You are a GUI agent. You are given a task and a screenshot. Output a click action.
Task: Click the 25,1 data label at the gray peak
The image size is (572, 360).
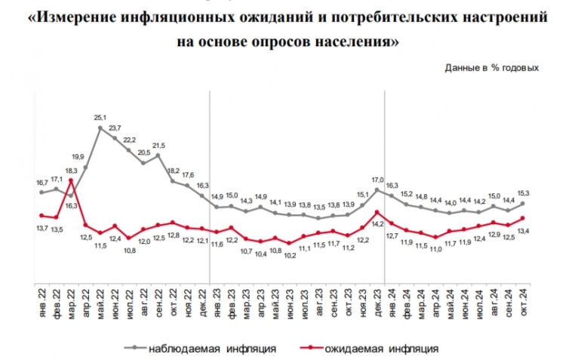tap(100, 118)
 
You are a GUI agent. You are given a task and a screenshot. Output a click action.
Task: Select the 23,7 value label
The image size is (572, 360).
tap(115, 128)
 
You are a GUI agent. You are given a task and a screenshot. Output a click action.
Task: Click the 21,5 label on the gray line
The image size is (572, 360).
tap(158, 145)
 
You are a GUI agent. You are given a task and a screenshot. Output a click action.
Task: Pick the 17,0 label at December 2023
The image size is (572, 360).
tap(377, 180)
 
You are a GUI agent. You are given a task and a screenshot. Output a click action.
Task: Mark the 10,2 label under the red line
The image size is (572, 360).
tap(289, 255)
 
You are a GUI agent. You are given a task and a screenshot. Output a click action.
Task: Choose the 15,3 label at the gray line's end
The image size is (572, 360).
tap(522, 192)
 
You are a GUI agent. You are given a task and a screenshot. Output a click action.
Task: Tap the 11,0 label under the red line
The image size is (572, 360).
tap(435, 248)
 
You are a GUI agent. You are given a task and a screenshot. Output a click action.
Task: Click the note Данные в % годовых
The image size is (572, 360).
tap(491, 68)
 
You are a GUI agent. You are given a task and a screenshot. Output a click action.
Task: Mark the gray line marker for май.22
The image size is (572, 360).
tap(100, 128)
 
